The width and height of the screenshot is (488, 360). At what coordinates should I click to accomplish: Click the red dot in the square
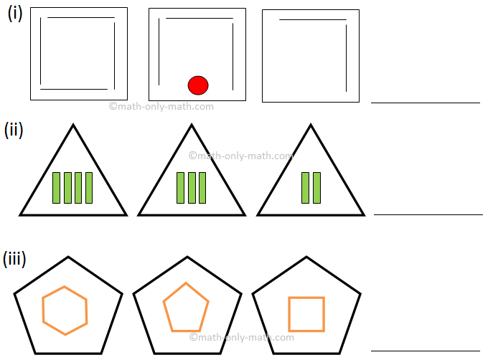click(198, 85)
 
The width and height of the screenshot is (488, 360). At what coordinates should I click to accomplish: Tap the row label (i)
click(15, 14)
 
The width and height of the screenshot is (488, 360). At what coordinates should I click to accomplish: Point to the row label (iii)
click(14, 258)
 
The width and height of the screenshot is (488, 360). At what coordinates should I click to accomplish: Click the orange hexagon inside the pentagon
click(65, 311)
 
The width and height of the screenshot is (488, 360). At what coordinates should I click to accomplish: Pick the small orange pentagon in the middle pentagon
click(186, 306)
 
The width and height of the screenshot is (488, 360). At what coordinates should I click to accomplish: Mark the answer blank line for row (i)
click(425, 103)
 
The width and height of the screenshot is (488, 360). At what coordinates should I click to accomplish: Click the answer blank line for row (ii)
click(428, 214)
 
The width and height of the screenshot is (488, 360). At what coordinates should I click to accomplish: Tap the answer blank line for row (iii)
click(425, 351)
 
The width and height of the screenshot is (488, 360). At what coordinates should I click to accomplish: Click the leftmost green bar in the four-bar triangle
click(57, 188)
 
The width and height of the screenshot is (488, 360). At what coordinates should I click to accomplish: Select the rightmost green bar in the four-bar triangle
click(89, 188)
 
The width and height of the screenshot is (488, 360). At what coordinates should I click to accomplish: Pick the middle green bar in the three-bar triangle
click(192, 188)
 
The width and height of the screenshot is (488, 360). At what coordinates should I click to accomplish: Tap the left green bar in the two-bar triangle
click(305, 188)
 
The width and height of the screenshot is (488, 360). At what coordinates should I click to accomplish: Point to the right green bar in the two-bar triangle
click(316, 188)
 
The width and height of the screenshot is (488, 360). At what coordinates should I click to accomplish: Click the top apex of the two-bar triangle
click(311, 125)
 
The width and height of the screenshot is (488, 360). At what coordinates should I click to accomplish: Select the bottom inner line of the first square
click(74, 90)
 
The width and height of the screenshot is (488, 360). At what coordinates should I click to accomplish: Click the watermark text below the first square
click(161, 107)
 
